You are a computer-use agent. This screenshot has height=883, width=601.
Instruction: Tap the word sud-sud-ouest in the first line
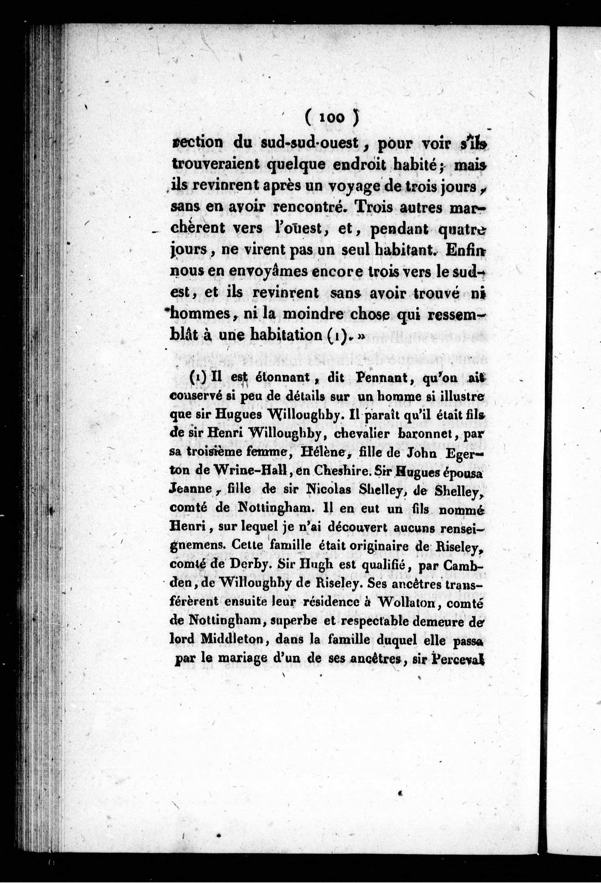[310, 143]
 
